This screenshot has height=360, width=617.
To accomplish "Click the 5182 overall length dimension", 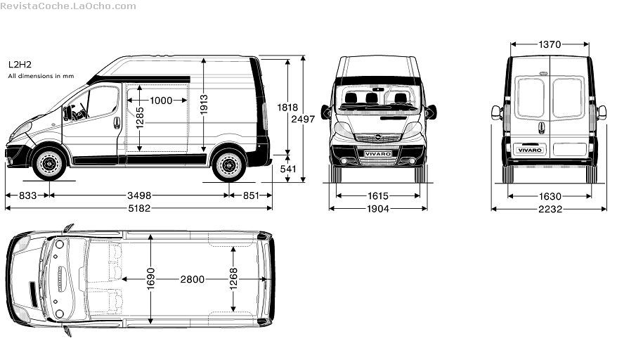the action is coord(139,208).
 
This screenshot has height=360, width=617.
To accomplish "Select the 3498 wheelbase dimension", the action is coord(139,195).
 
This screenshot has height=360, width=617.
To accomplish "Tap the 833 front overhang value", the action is coord(27,195).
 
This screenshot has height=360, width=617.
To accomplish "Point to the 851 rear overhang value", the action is coord(251,195).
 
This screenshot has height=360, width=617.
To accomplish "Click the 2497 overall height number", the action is coord(303,119).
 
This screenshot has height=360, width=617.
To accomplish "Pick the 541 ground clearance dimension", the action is coord(288,169).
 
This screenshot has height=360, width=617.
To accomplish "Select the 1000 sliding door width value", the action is coord(161,101).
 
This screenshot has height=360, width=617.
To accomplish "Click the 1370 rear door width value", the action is coord(550,44).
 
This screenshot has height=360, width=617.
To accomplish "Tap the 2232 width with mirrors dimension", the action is coord(550,209).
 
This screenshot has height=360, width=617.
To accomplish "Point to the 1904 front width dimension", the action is coord(378,209).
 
